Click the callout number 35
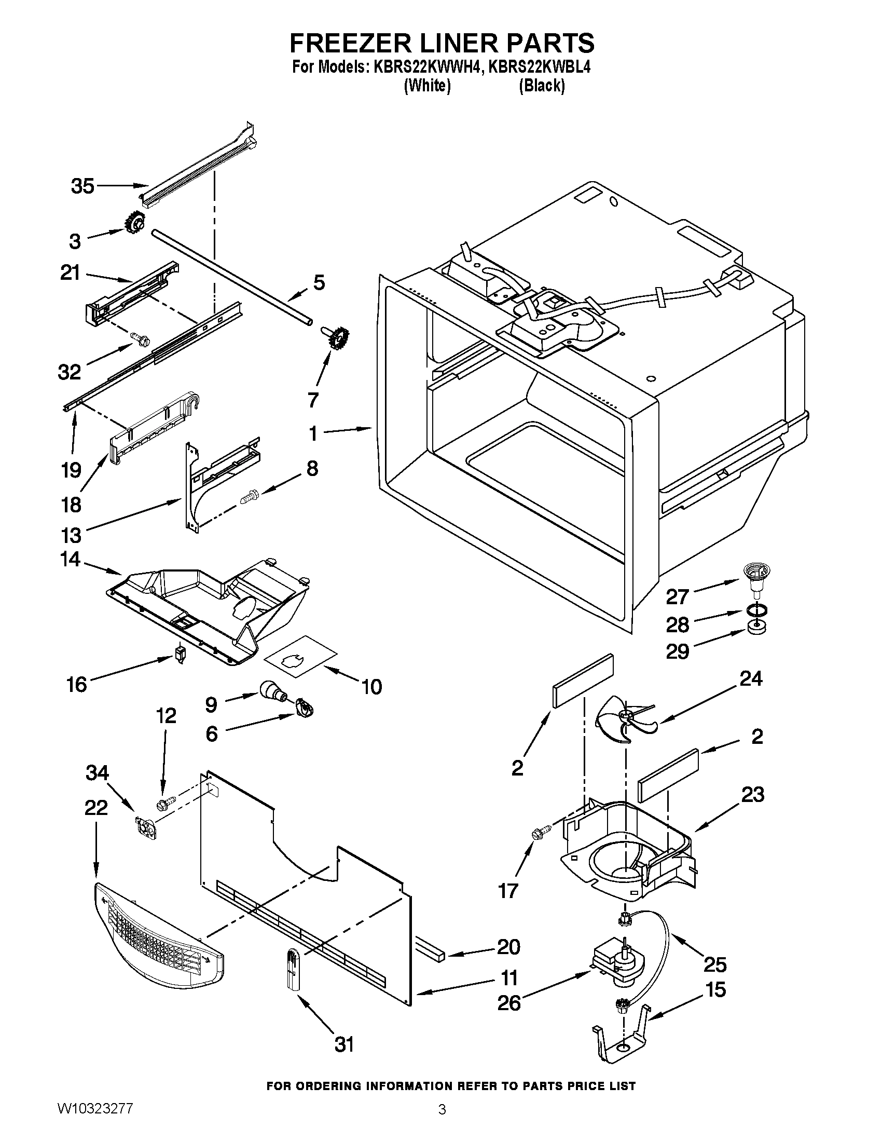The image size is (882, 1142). (x=82, y=186)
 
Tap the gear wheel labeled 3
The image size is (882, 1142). (x=134, y=224)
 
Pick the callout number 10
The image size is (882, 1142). (x=371, y=686)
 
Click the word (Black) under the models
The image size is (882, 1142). (x=541, y=85)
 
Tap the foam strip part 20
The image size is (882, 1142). (x=430, y=950)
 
